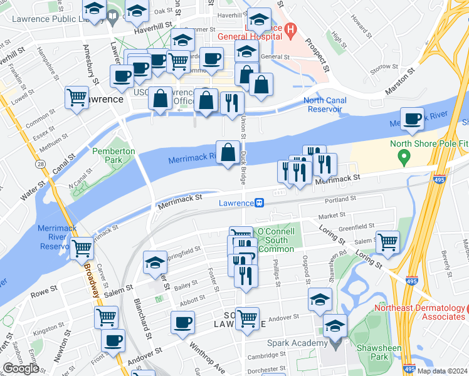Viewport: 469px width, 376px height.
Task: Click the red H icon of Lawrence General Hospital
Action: [290, 29]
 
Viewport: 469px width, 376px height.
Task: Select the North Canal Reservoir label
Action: [324, 105]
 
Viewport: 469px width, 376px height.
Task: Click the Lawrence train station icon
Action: [258, 202]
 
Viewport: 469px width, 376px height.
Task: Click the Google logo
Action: [21, 368]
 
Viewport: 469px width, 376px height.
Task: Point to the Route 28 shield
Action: [40, 164]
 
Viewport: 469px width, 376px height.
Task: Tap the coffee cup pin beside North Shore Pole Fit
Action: [412, 118]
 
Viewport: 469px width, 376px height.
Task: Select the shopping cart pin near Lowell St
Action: [77, 97]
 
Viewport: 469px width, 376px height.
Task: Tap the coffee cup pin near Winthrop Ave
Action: [183, 322]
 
